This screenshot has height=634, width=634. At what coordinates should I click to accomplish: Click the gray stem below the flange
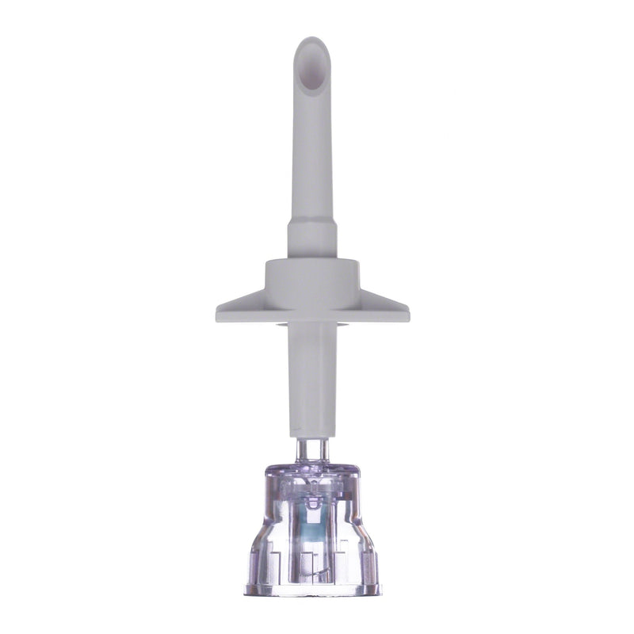coord(312,372)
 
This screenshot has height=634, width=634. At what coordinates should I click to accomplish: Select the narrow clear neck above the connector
coord(312,450)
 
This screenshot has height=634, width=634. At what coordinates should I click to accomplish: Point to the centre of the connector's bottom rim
coord(312,591)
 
